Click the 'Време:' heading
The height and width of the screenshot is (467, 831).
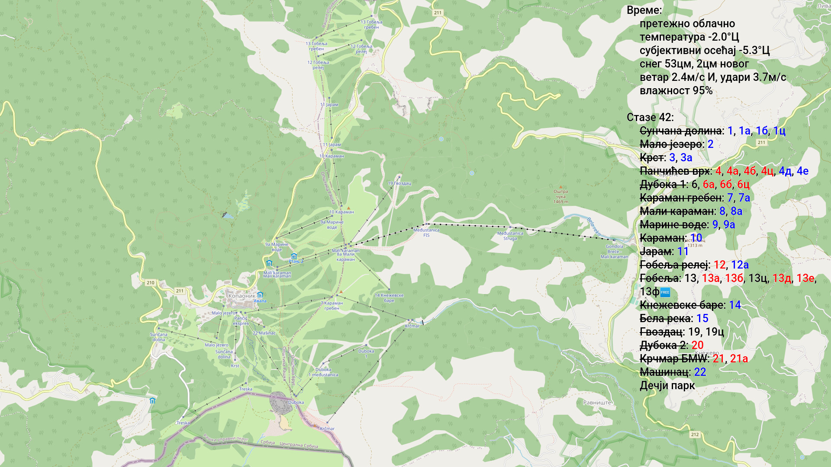click(644, 10)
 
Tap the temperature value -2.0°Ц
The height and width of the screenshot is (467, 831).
click(723, 37)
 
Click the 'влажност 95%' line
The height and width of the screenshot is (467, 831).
click(676, 91)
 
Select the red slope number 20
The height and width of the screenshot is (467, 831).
click(697, 345)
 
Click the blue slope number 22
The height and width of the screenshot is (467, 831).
click(700, 372)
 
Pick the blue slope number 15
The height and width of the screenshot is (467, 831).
click(702, 319)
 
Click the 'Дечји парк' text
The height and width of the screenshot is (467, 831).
click(667, 386)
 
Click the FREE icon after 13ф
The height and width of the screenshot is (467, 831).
click(665, 292)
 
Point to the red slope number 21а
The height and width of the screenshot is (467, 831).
click(739, 359)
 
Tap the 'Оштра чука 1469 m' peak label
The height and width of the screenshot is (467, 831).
click(560, 196)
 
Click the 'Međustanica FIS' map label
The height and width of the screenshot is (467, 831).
click(426, 233)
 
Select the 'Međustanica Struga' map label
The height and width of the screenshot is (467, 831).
click(510, 236)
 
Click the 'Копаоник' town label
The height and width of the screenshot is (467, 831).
click(242, 296)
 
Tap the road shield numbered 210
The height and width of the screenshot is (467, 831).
click(150, 283)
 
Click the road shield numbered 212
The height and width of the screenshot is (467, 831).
click(695, 435)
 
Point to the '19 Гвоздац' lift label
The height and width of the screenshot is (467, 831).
click(399, 183)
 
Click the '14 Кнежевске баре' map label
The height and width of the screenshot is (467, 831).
click(389, 298)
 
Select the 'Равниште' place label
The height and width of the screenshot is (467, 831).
click(597, 403)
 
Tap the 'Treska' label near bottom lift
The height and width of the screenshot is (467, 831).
click(183, 423)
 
